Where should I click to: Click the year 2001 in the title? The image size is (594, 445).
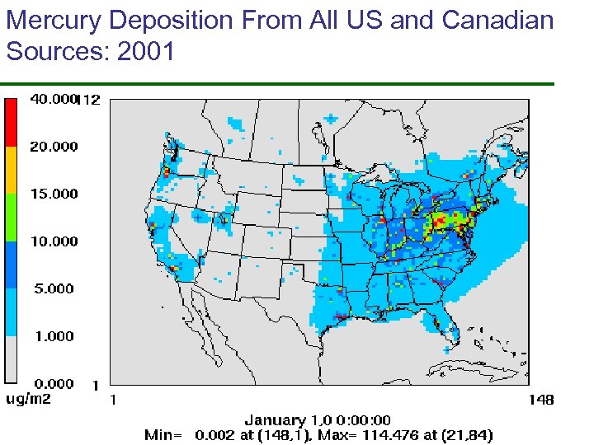coord(147,53)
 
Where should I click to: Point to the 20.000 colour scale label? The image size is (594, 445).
coord(54,147)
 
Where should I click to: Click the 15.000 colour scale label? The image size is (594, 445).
coord(54,194)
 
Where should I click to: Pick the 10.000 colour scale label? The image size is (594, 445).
coord(54,241)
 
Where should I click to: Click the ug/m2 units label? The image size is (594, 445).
coord(30,400)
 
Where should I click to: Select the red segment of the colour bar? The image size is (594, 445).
coord(12,122)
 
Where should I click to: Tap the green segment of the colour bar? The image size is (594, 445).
coord(12,217)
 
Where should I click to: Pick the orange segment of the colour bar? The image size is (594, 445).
coord(12,170)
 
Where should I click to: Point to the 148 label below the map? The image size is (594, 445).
coord(540,400)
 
